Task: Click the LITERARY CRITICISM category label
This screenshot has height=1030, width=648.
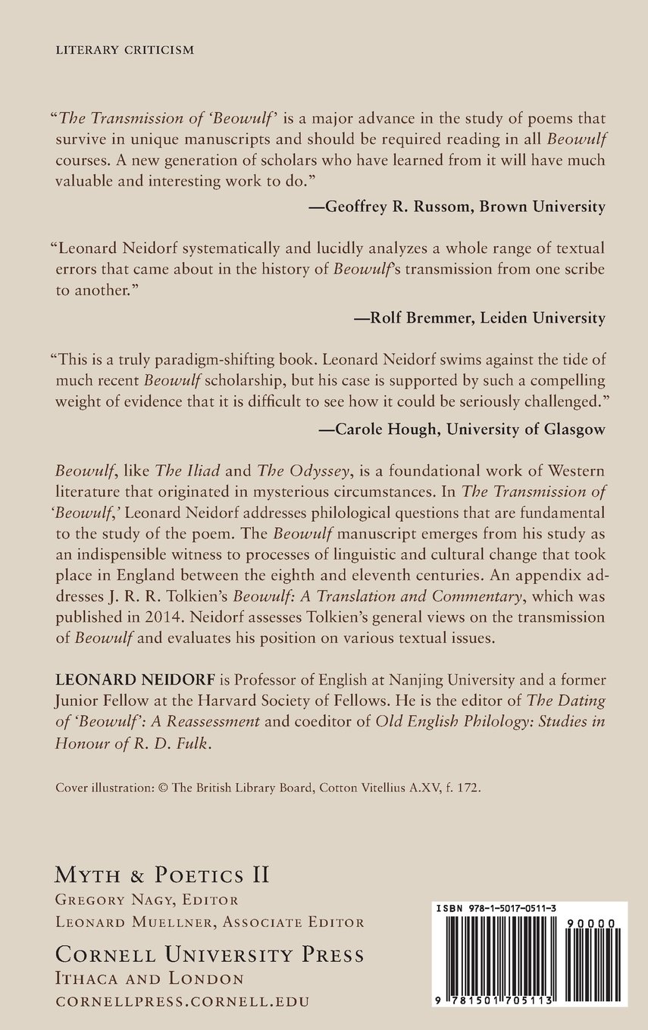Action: tap(125, 51)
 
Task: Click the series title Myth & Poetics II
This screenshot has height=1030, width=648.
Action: tap(162, 875)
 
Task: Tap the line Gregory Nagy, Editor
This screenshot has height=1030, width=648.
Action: tap(147, 900)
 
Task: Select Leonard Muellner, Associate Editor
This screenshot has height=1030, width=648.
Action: tap(210, 922)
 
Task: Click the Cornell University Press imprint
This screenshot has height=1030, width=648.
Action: tap(210, 954)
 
